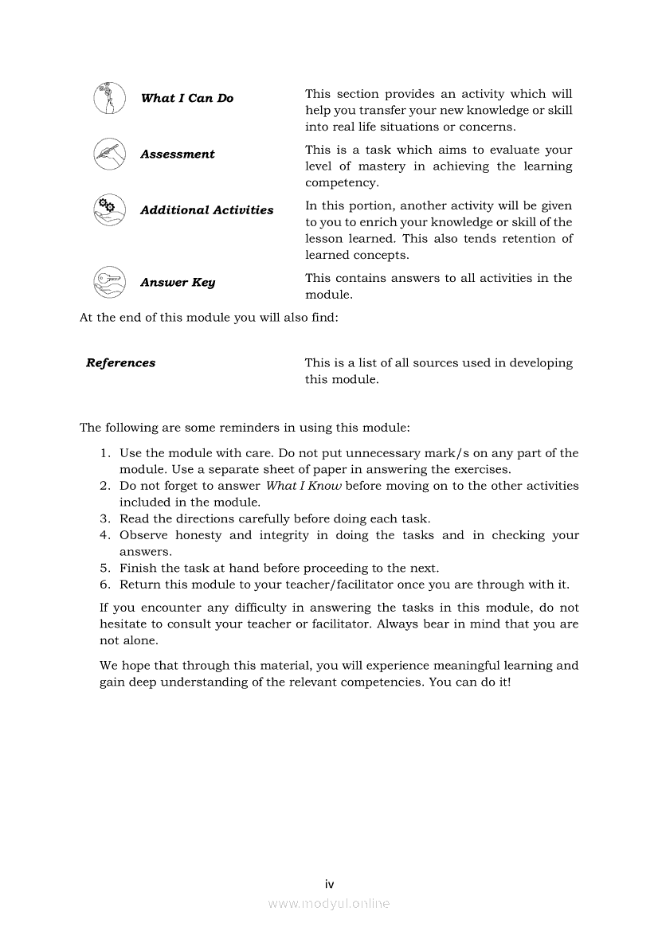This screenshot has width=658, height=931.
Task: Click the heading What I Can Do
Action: pos(187,99)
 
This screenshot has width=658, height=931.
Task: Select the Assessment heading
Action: pos(178,155)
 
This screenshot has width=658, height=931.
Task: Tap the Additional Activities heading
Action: pos(207,210)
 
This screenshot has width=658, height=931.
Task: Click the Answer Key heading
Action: pos(178,283)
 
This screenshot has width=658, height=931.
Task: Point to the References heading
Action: pos(121,363)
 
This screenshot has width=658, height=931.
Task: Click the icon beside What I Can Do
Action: pos(109,99)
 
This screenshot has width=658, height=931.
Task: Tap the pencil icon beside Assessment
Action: pos(109,154)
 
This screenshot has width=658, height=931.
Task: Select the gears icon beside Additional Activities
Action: pos(109,210)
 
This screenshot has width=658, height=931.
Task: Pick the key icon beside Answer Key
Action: pos(109,283)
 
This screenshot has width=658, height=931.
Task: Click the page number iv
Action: pos(329,883)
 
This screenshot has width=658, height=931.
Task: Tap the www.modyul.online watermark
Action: pos(329,903)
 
